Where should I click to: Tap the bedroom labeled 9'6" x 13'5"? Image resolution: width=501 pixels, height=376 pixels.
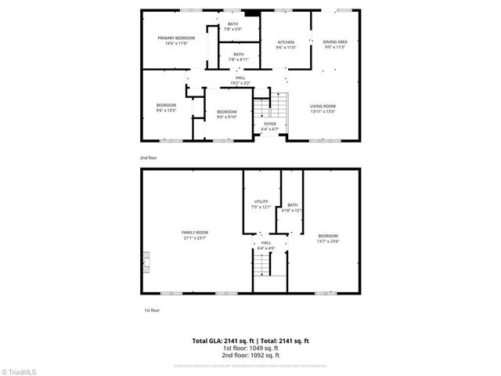click(x=165, y=108)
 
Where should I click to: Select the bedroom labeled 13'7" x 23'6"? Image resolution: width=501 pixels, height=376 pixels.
click(x=327, y=238)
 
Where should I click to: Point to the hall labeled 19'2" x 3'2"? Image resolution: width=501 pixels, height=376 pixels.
click(x=241, y=80)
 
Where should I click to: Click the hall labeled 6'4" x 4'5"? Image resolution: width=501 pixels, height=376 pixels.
click(x=266, y=245)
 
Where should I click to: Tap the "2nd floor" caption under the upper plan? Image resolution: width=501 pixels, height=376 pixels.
click(x=149, y=158)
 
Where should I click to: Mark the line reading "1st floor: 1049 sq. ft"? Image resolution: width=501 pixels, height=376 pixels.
click(x=250, y=349)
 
